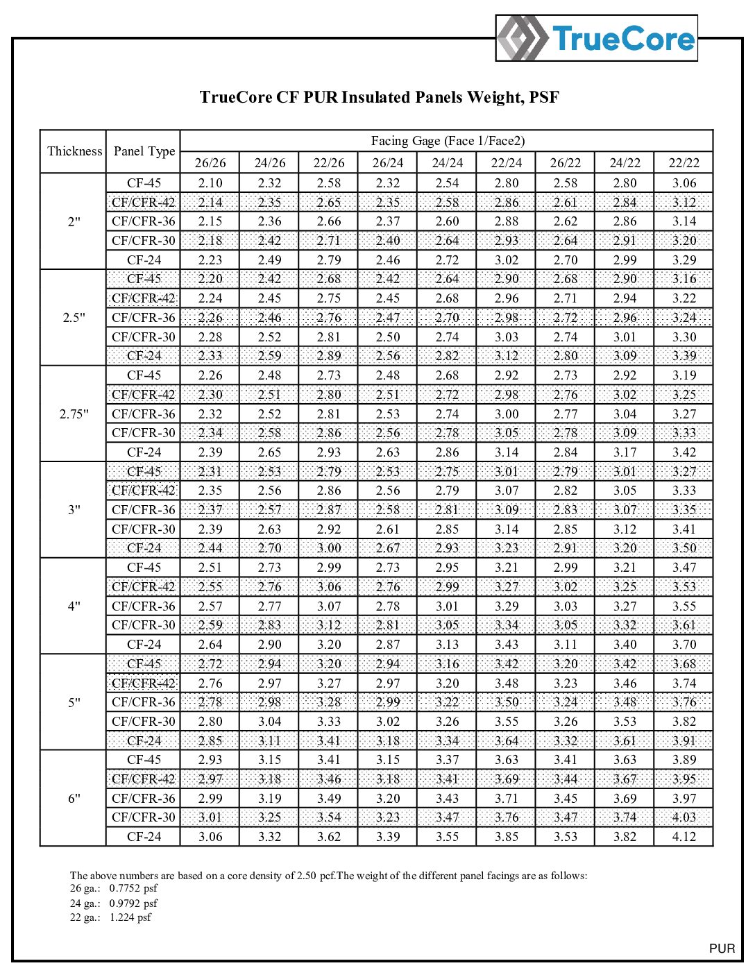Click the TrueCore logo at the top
coord(597,38)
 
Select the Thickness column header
coord(74,151)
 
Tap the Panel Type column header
coord(144,151)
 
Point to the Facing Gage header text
coord(448,141)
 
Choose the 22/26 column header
coord(329,163)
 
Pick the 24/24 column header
coord(448,163)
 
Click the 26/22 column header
coord(566,163)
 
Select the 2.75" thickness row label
coord(74,414)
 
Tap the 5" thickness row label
coord(74,702)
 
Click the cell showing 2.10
coord(210,183)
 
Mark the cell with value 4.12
coord(684,837)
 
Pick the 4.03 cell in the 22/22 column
coord(684,817)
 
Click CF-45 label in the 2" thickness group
coord(144,183)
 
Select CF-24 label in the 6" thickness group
coord(144,837)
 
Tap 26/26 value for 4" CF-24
coord(210,645)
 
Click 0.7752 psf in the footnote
coord(133,889)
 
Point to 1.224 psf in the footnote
coord(130,917)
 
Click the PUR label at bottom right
coord(722,949)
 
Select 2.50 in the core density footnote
coord(307,876)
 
